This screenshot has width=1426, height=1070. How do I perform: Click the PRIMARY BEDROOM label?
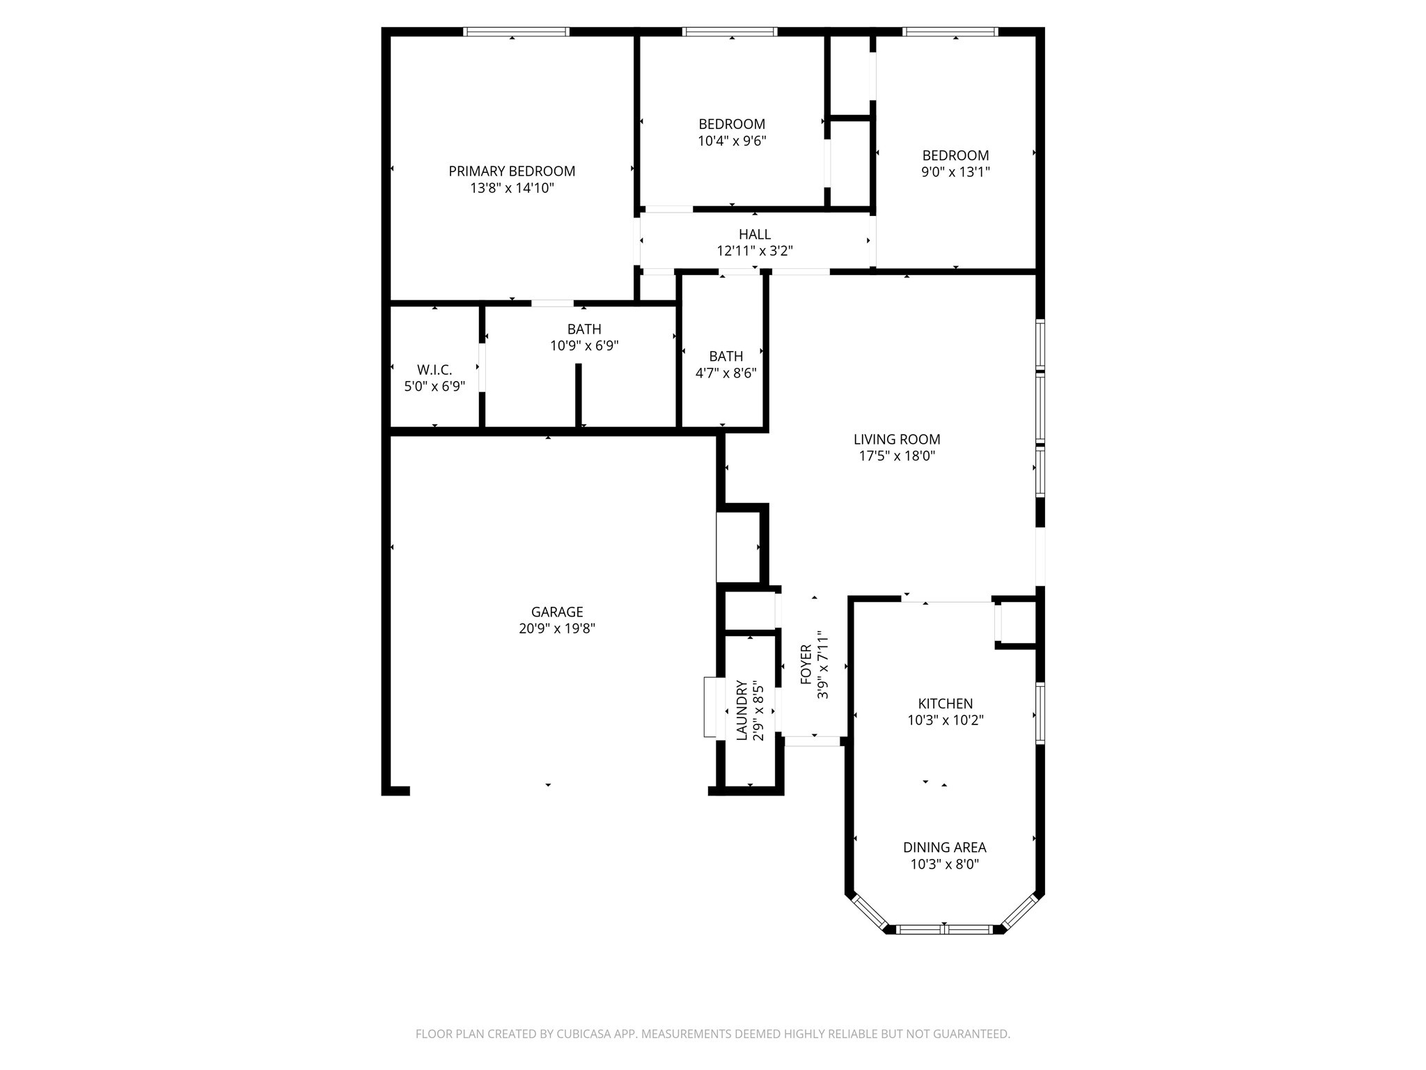512,171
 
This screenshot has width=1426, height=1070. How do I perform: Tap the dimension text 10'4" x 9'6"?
732,141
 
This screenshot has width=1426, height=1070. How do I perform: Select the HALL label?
755,234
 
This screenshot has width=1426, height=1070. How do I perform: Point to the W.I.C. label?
434,370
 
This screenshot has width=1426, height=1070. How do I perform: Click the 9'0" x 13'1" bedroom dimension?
955,172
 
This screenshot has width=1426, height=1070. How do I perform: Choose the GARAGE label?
557,612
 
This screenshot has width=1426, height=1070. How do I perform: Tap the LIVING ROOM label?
897,440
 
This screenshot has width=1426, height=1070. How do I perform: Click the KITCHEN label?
945,704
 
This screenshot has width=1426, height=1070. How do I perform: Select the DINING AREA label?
944,847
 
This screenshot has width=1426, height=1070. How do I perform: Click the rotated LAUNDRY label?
742,710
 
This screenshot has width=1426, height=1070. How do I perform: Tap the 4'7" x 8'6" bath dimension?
726,373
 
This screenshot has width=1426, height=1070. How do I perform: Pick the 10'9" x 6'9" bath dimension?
584,346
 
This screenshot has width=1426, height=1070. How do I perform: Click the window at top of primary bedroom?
516,31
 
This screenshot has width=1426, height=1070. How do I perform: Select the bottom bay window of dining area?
944,929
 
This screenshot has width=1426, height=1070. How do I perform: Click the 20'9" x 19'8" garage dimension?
557,628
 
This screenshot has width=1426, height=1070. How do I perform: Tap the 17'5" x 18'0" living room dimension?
897,456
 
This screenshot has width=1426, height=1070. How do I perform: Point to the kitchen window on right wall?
1040,713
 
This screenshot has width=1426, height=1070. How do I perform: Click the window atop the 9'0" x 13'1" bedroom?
950,31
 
